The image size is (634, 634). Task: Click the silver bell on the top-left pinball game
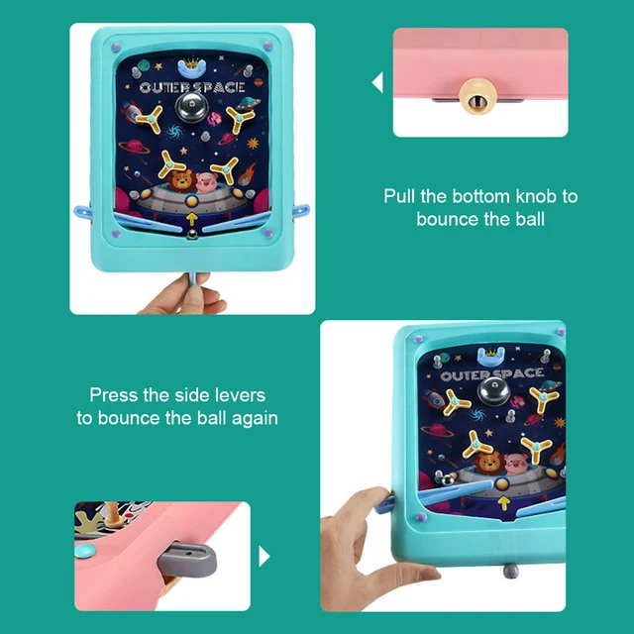coord(188,107)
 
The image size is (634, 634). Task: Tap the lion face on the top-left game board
coord(180,181)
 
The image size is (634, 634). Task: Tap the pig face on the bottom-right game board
coord(515,463)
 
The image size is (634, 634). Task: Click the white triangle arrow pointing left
coord(377,83)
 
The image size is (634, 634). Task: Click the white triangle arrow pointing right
coord(264,557)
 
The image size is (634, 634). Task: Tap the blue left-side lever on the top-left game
coord(83,209)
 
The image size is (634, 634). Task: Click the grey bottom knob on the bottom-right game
coord(506,567)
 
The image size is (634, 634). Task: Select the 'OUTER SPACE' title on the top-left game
coord(188,87)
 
